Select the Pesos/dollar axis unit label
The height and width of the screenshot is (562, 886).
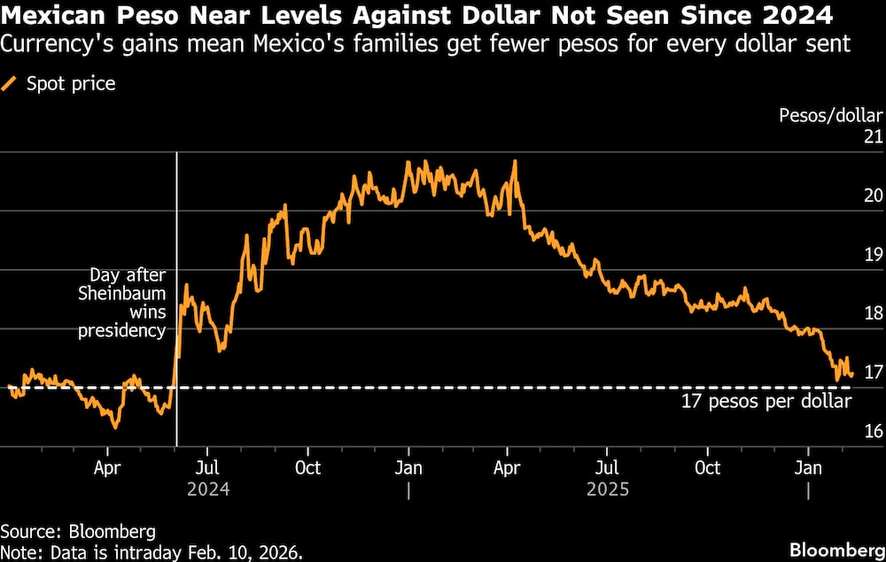(x=830, y=115)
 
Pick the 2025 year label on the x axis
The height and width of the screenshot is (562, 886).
(x=607, y=489)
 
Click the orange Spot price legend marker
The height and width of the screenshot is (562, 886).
(x=11, y=84)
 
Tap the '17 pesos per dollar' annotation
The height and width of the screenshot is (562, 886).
(x=766, y=401)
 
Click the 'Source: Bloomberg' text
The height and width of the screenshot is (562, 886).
(x=78, y=532)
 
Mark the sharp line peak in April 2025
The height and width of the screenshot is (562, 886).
(x=515, y=162)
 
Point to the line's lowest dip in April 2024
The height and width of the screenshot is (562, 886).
(x=114, y=427)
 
